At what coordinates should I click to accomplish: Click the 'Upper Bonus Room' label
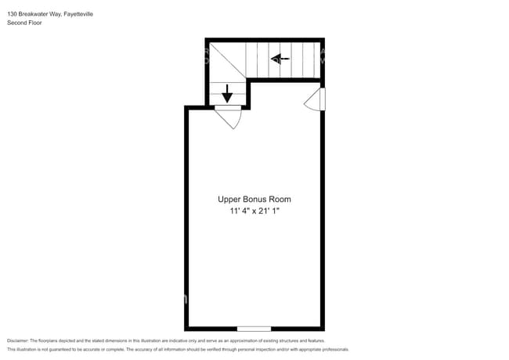pos(254,200)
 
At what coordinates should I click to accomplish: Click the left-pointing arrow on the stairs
pos(280,58)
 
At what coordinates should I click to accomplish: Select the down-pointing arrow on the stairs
pos(227,94)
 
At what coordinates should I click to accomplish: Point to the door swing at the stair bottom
pos(228,117)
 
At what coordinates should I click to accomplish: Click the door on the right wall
pos(315,99)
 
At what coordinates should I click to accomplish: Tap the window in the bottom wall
pos(254,328)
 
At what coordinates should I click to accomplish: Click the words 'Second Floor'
pos(23,23)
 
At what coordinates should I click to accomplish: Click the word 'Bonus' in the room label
pos(254,200)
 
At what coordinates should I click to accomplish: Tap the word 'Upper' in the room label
pos(229,200)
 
